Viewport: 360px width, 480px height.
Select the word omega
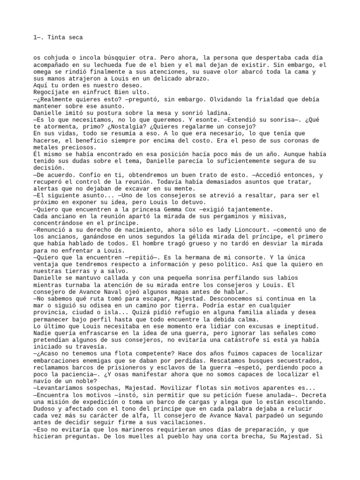(43, 72)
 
